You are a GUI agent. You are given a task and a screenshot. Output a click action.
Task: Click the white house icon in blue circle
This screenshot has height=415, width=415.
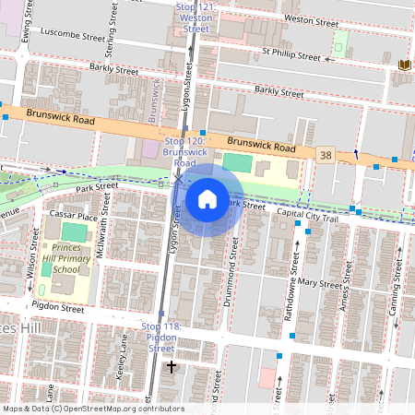(x=207, y=198)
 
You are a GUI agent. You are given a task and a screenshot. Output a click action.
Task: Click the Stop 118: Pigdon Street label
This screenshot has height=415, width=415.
(x=161, y=338)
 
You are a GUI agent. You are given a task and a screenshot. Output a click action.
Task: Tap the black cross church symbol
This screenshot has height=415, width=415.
(x=170, y=368)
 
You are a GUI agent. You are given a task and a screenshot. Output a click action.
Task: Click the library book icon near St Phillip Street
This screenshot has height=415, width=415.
(x=404, y=65)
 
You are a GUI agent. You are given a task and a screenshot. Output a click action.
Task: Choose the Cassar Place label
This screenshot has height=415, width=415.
(x=75, y=216)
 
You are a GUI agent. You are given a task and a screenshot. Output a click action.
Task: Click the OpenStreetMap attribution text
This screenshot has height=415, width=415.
(x=93, y=409)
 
